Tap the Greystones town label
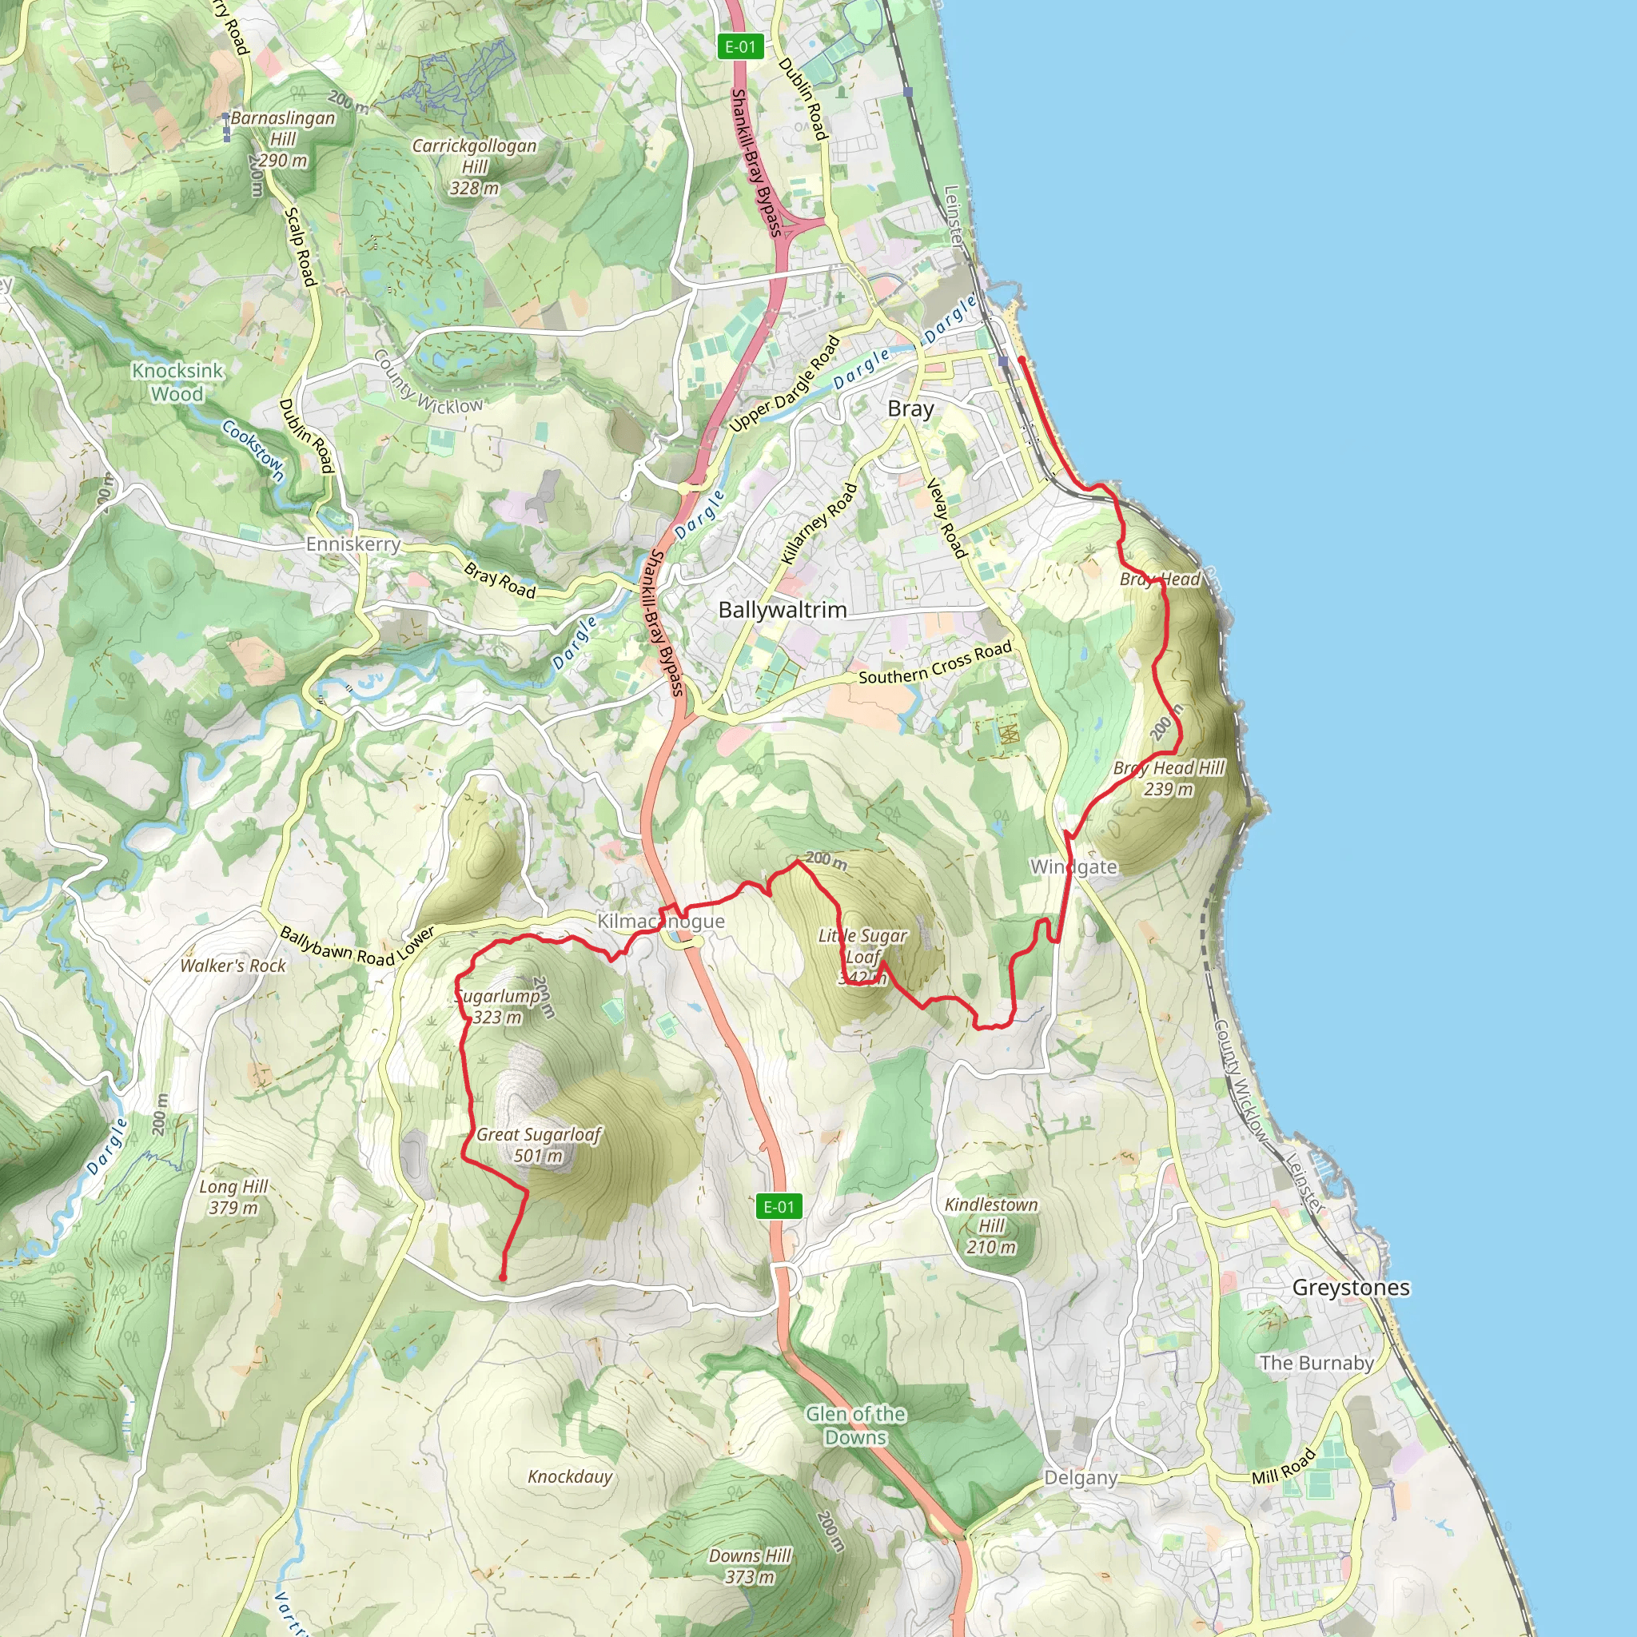click(x=1351, y=1287)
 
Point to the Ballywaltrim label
click(x=782, y=609)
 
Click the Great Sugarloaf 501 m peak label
click(x=538, y=1144)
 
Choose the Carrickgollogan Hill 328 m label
click(x=475, y=166)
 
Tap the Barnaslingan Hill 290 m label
click(x=282, y=139)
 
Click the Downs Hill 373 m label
click(x=750, y=1566)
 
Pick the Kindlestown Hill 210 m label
click(x=990, y=1225)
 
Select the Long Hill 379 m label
click(x=233, y=1197)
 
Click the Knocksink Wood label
click(x=177, y=382)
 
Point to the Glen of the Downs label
click(x=855, y=1425)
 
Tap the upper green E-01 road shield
click(x=739, y=46)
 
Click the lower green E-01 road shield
click(x=779, y=1206)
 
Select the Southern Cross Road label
click(x=934, y=663)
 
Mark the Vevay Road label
click(x=946, y=518)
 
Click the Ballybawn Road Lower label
click(x=356, y=946)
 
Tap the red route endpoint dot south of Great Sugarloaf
click(x=503, y=1277)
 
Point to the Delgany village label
click(x=1081, y=1477)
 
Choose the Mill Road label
click(x=1284, y=1466)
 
